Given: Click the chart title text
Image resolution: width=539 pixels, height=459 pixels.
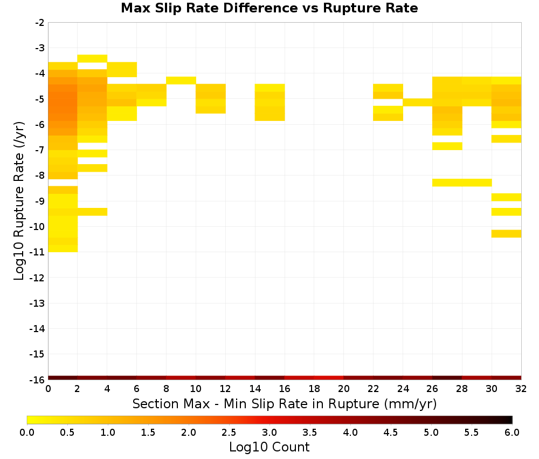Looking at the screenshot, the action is click(x=269, y=8).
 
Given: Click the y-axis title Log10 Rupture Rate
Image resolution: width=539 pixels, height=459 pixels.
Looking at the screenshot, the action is click(x=19, y=201).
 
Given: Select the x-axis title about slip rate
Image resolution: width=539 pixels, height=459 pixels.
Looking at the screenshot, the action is click(x=285, y=403).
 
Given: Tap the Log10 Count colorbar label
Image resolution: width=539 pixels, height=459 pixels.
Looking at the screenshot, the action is click(x=269, y=447).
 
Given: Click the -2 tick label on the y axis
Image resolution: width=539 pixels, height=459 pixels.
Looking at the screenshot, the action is click(x=40, y=23).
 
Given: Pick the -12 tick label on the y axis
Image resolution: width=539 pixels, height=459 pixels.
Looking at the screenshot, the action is click(x=37, y=278).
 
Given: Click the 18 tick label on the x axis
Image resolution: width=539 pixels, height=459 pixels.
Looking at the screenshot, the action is click(x=314, y=389).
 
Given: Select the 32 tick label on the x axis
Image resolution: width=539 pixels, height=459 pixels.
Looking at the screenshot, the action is click(x=521, y=389).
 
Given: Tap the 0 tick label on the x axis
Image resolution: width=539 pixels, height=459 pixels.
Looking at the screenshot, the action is click(x=48, y=389).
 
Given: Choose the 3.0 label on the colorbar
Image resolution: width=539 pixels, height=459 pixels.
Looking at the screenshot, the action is click(x=269, y=432).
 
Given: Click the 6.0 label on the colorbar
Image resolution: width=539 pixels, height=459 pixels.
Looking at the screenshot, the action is click(x=512, y=432).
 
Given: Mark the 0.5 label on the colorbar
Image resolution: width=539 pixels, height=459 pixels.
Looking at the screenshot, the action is click(x=67, y=432).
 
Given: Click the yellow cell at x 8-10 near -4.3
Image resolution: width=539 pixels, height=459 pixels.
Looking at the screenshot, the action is click(x=181, y=80).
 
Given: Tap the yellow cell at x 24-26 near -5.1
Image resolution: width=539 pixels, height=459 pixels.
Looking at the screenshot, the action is click(x=418, y=102).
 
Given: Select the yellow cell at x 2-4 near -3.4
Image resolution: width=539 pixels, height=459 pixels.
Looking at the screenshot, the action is click(x=93, y=58).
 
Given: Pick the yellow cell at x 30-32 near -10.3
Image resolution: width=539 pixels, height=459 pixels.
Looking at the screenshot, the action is click(x=506, y=233).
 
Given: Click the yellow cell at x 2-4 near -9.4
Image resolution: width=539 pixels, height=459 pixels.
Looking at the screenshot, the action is click(x=93, y=212).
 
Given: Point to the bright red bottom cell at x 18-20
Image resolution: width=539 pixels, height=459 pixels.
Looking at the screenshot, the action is click(x=329, y=378).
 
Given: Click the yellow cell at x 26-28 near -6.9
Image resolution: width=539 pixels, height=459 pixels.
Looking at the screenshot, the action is click(x=447, y=146).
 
